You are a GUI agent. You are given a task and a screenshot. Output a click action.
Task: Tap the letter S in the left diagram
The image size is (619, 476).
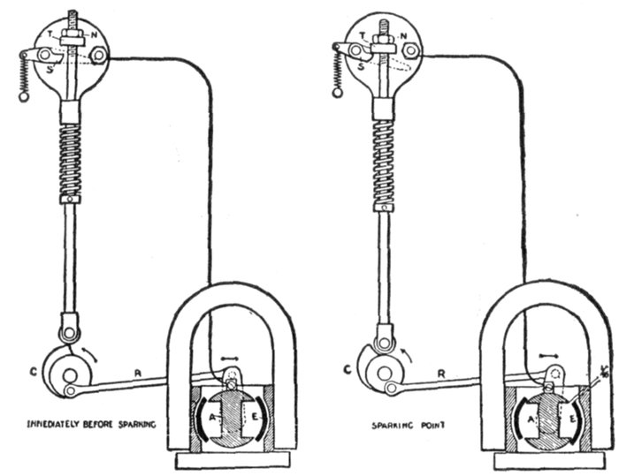point(50,69)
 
